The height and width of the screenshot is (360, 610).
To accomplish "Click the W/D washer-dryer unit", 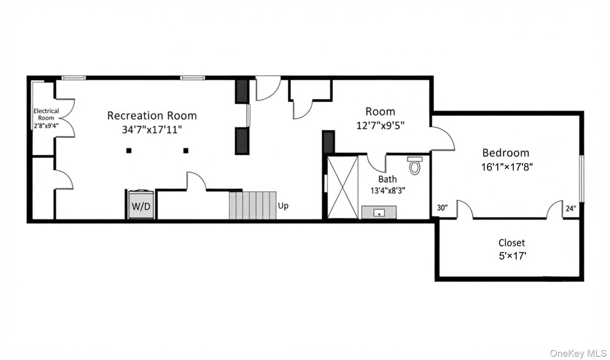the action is tap(141, 205).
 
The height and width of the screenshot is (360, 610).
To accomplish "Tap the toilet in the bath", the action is tap(415, 166).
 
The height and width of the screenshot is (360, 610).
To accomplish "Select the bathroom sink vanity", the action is tap(379, 212).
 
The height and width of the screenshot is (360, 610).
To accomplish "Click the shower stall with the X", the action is tap(343, 187).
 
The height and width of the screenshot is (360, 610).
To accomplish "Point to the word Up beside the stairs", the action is tap(283, 206).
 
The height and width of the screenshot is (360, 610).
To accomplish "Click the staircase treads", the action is tap(253, 205).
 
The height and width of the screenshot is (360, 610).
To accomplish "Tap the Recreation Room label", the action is tap(152, 116).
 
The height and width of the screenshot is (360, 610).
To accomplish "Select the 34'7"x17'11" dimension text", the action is tap(152, 130).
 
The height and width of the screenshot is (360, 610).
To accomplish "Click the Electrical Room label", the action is tap(46, 114).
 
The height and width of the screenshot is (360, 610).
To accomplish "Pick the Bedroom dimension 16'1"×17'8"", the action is tap(507, 167).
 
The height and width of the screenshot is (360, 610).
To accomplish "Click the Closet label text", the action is tap(512, 243).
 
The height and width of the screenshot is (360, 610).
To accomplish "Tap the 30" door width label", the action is tap(442, 207).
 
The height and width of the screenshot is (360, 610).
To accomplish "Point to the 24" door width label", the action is tap(571, 208).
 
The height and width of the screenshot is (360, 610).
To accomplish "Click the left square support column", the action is tap(129, 150).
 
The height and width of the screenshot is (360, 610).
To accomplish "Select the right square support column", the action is tap(186, 150).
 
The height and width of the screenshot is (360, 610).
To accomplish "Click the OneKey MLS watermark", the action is tap(578, 353).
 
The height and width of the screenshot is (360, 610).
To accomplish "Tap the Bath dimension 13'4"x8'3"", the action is tap(388, 190).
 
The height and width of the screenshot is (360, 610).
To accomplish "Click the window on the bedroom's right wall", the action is tap(582, 179).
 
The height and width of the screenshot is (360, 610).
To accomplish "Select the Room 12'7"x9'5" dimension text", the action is tap(380, 125).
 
